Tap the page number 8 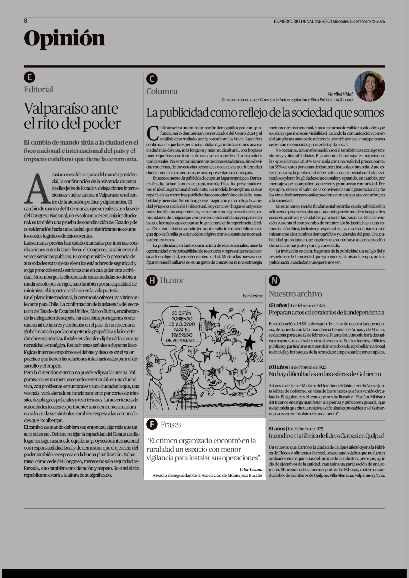tap(26, 21)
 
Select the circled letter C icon tap(152, 79)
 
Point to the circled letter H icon tap(152, 280)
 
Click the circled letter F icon tap(152, 424)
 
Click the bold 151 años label tap(278, 305)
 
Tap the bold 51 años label tap(277, 428)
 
